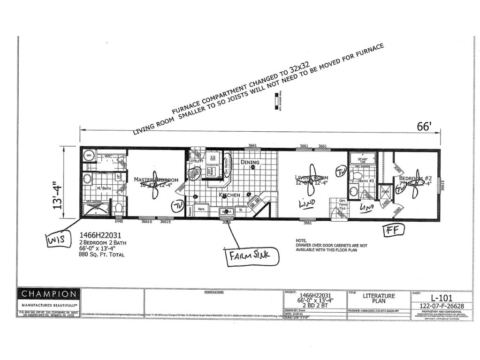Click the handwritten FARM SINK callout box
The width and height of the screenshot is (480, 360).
[x=253, y=257]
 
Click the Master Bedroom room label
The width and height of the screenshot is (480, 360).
[x=156, y=180]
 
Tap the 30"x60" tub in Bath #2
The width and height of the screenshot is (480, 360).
[x=363, y=158]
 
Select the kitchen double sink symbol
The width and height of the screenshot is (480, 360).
[x=226, y=211]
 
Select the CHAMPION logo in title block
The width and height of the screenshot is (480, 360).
[x=48, y=295]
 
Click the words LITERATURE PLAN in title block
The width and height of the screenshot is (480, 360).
[x=379, y=299]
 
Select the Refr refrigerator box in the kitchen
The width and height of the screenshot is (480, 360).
[x=201, y=209]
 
